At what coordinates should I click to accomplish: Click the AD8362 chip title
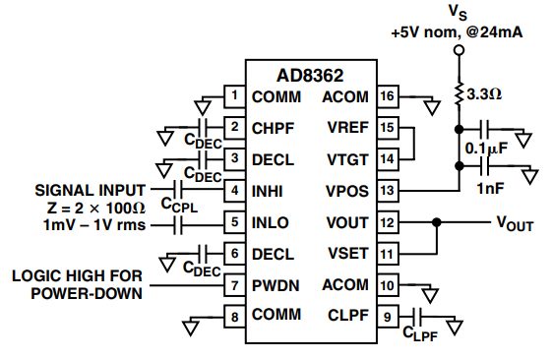click(310, 76)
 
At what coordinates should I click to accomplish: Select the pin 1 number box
click(235, 96)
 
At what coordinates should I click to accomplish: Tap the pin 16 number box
click(388, 96)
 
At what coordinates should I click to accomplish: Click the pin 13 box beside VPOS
click(388, 191)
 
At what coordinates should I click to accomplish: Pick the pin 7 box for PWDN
click(235, 285)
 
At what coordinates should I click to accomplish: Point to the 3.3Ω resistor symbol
click(459, 94)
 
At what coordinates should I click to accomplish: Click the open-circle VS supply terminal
click(459, 50)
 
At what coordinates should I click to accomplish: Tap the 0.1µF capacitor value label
click(486, 149)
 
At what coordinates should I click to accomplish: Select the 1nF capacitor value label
click(490, 189)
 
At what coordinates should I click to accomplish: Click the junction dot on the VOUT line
click(437, 222)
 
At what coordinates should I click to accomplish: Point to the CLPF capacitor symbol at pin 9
click(418, 317)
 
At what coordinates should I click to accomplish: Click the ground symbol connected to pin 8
click(191, 327)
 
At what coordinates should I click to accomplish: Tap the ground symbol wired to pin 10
click(430, 295)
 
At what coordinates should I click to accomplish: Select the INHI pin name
click(268, 192)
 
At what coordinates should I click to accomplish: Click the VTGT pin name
click(347, 159)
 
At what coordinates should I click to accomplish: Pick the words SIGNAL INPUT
click(91, 191)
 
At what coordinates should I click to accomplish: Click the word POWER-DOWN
click(87, 293)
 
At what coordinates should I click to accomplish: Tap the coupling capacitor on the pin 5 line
click(178, 225)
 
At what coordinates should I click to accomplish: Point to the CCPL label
click(179, 205)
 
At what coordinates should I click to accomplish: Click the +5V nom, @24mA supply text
click(457, 32)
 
